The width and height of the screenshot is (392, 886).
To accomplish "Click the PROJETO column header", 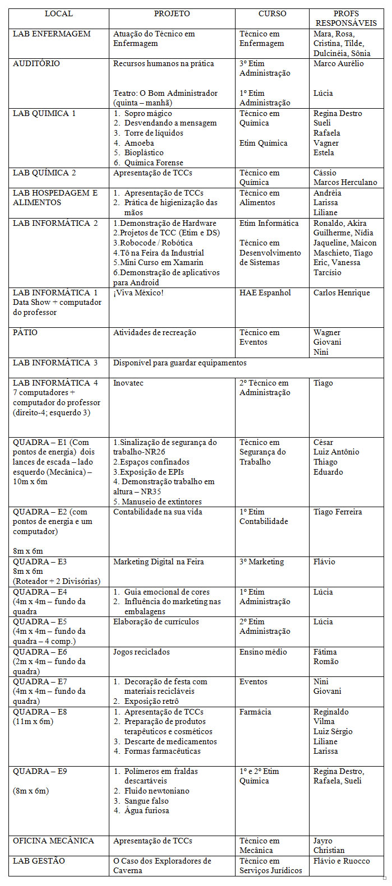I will click(x=172, y=13).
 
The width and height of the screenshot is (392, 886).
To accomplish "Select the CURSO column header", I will click(x=272, y=13).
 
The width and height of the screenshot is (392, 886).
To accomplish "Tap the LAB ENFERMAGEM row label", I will click(x=52, y=34).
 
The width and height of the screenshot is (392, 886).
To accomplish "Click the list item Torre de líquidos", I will click(x=154, y=133).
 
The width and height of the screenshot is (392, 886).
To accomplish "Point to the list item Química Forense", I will click(x=154, y=163).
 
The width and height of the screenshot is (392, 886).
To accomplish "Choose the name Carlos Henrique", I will click(x=342, y=293).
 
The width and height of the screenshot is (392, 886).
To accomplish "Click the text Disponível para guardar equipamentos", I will click(x=180, y=363).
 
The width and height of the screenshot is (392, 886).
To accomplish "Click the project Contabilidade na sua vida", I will click(x=158, y=512).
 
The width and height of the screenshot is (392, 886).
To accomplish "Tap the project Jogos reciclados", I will click(x=141, y=652).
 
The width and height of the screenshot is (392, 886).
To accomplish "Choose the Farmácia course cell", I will click(x=255, y=712).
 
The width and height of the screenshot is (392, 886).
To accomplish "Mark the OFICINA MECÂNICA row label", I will click(x=53, y=841).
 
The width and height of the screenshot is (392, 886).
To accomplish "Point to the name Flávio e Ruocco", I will click(x=342, y=861).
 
